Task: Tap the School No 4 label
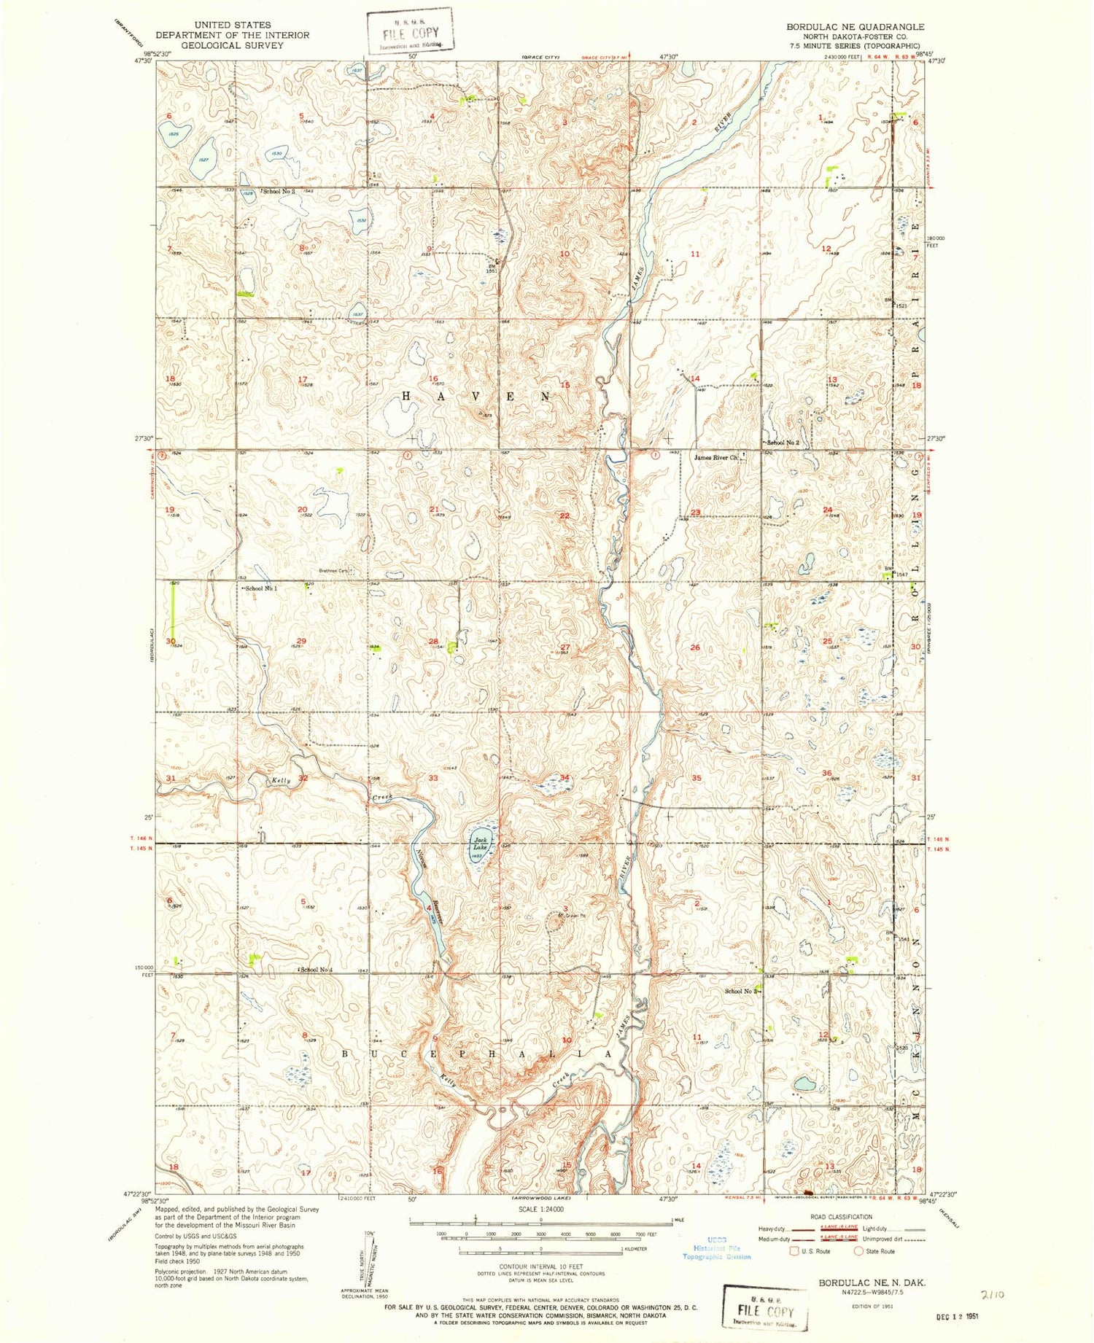tap(319, 969)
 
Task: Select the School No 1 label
tap(261, 588)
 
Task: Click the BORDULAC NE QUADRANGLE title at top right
tap(855, 26)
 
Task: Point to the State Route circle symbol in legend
tap(859, 1251)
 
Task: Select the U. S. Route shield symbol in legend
tap(794, 1251)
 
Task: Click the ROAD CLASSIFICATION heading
tap(841, 1217)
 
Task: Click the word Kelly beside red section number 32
tap(282, 780)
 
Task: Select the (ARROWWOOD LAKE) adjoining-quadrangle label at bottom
tap(541, 1198)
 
